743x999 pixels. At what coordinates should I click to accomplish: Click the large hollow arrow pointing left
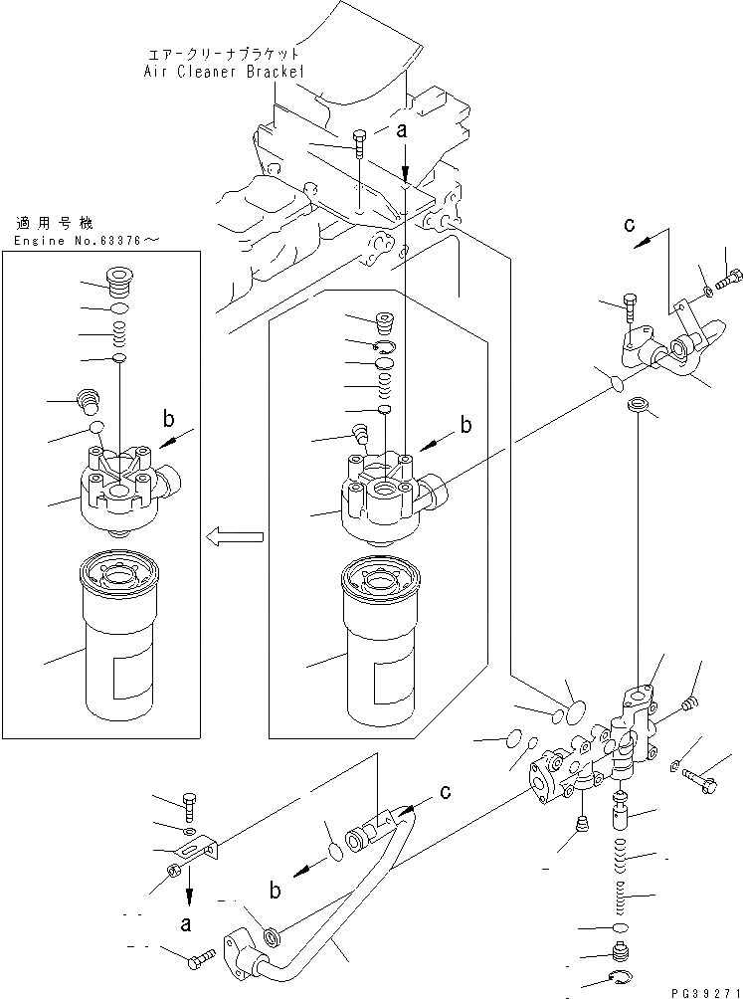(235, 537)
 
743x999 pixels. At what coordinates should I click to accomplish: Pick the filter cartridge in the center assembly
(386, 641)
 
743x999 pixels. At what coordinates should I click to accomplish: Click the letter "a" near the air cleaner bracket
(403, 130)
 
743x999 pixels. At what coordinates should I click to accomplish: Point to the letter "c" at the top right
(629, 225)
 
